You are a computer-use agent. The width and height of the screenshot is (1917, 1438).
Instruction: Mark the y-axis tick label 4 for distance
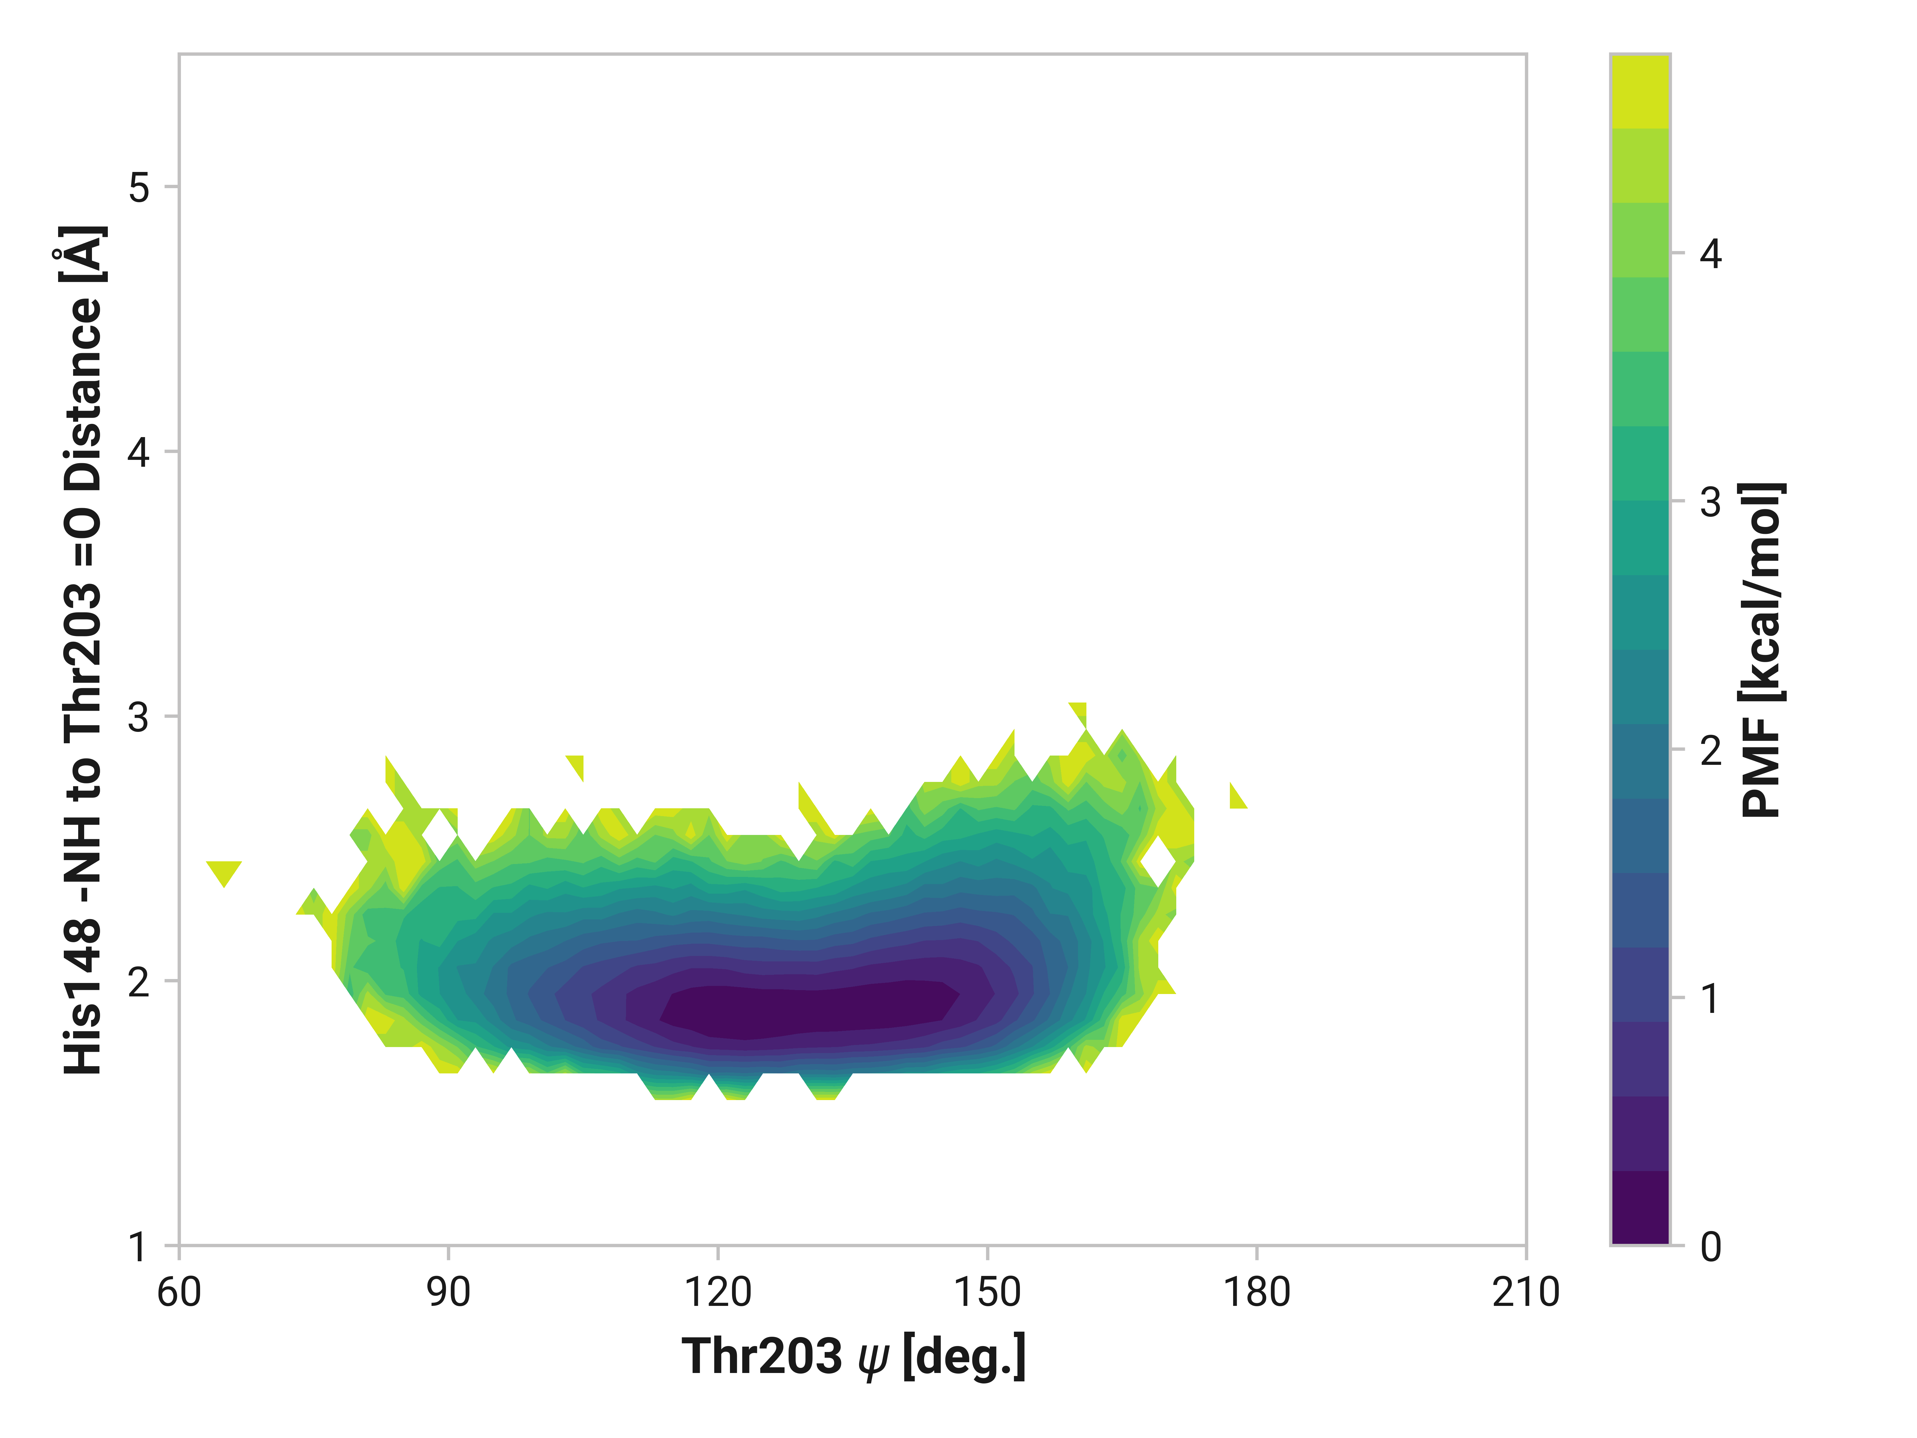(x=139, y=451)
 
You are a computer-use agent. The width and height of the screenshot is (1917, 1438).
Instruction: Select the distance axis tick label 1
(x=139, y=1247)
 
